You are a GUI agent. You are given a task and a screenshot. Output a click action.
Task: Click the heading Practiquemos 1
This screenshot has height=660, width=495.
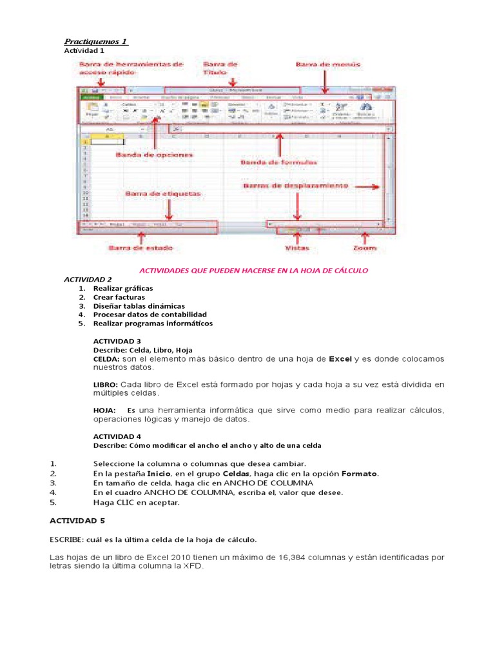click(96, 41)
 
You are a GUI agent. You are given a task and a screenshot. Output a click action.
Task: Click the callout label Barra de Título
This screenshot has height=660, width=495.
click(220, 69)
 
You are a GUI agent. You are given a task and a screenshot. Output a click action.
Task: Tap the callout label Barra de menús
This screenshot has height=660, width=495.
click(328, 64)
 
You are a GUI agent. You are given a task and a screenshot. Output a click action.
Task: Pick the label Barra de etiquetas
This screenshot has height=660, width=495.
click(154, 193)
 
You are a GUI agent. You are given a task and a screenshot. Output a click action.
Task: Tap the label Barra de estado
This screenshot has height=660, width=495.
click(140, 247)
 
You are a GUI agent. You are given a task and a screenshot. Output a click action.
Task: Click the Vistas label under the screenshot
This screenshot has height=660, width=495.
click(296, 247)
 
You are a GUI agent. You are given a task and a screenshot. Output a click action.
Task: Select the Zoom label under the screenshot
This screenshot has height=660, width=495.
click(365, 247)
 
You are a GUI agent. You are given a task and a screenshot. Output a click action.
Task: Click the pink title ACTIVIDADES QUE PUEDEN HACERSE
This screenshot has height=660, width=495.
click(254, 270)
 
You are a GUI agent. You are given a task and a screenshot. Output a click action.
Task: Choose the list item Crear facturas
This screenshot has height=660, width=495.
click(119, 297)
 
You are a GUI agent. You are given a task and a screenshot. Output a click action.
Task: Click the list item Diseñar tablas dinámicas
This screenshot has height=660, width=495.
click(139, 306)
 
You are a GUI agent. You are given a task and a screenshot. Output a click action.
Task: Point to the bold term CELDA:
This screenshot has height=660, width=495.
click(106, 358)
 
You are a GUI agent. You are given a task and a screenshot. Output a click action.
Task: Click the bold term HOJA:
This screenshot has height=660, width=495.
click(104, 411)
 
